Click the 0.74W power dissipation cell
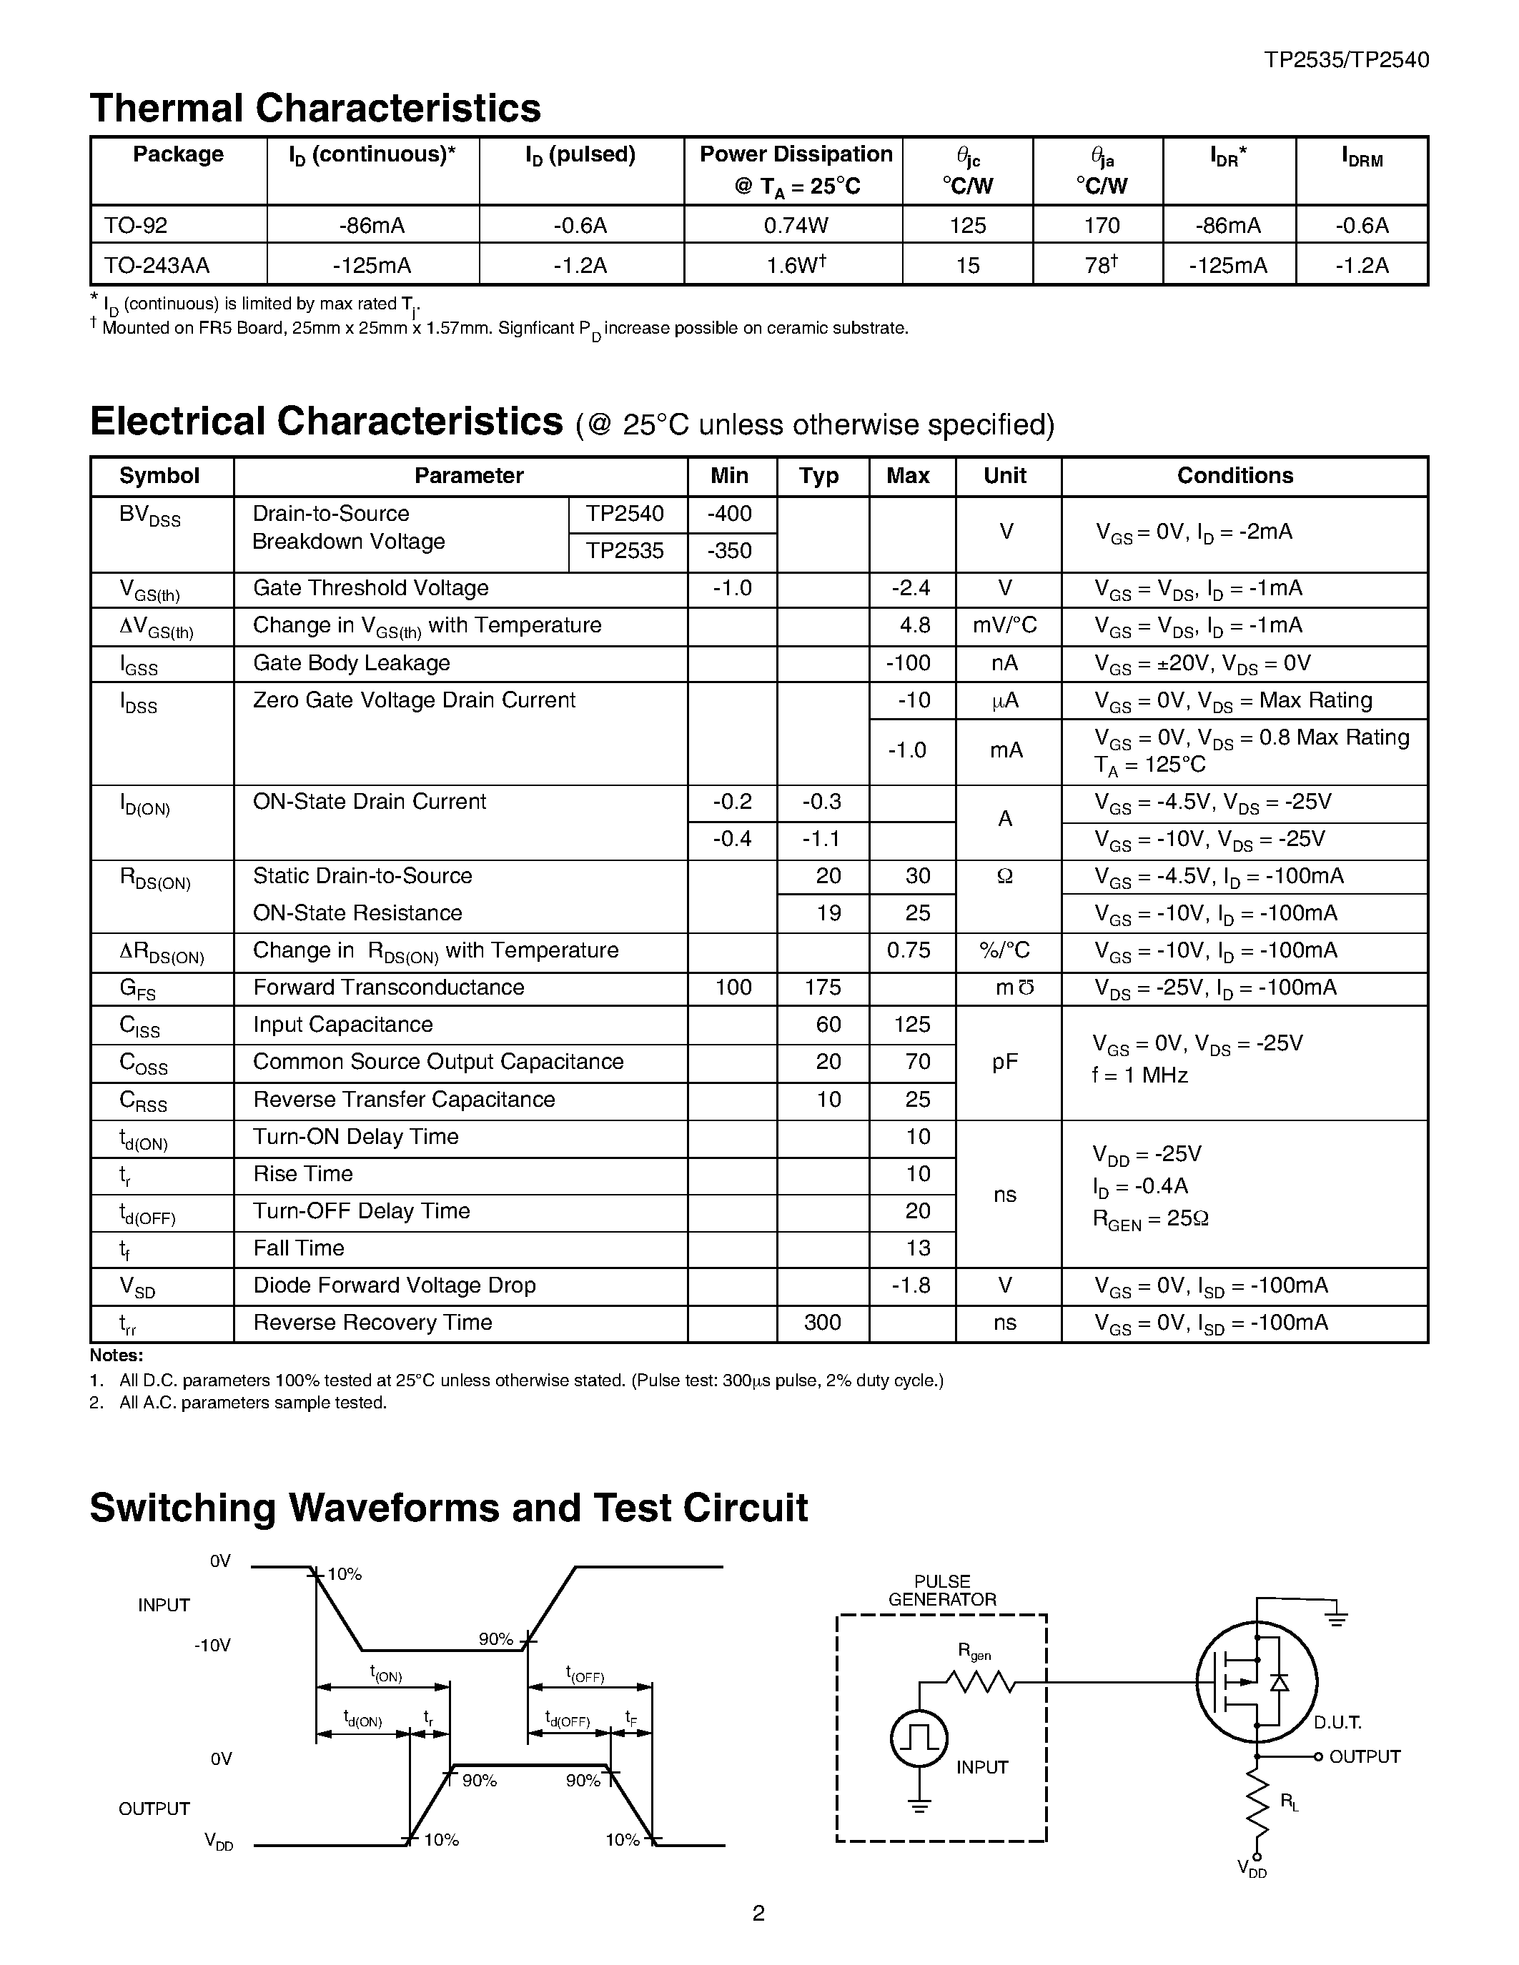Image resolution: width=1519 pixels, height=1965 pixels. click(x=795, y=225)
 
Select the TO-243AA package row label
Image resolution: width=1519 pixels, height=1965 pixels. click(x=157, y=265)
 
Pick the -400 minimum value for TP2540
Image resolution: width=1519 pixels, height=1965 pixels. click(x=730, y=514)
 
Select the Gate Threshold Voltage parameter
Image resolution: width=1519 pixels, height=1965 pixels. click(x=371, y=588)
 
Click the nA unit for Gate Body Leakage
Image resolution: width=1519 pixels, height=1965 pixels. click(x=1004, y=663)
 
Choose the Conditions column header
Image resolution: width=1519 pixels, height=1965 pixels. click(x=1235, y=476)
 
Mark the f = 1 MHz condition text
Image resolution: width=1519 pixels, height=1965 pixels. click(x=1140, y=1075)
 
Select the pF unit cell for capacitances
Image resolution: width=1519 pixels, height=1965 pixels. click(x=1005, y=1063)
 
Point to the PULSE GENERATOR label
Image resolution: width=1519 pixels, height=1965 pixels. click(x=942, y=1591)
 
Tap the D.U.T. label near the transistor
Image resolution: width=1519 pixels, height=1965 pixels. click(x=1337, y=1723)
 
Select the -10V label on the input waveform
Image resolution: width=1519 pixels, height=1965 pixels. click(x=212, y=1646)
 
